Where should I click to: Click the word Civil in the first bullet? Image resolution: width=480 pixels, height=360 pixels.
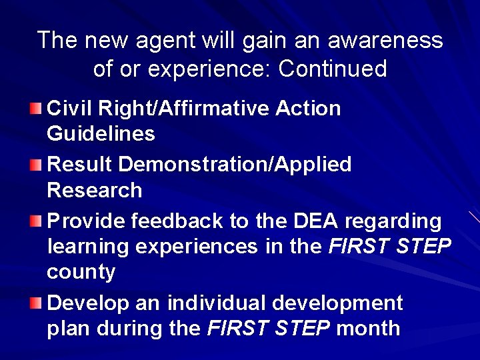69,108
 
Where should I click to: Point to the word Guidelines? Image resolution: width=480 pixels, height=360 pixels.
101,134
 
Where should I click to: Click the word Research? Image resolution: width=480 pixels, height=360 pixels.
95,191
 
